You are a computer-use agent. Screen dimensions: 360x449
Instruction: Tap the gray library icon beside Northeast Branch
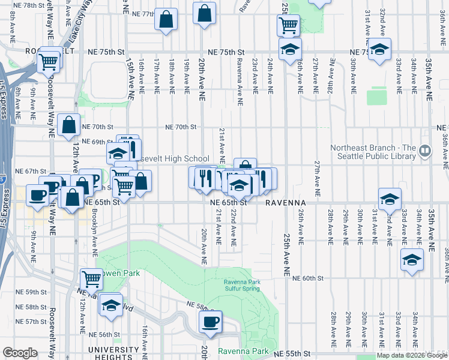click(x=425, y=149)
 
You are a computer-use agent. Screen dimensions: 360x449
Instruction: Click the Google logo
click(x=20, y=353)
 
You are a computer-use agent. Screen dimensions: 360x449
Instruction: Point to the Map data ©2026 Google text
click(x=411, y=355)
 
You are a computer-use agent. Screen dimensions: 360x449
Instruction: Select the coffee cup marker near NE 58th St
click(x=210, y=322)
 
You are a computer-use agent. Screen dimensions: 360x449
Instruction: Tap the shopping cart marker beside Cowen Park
click(x=91, y=278)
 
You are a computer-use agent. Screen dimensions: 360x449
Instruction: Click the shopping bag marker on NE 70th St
click(x=70, y=125)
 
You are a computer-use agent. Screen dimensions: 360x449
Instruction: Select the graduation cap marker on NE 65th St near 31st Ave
click(x=389, y=199)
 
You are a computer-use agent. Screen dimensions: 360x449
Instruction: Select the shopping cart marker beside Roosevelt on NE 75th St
click(x=48, y=61)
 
